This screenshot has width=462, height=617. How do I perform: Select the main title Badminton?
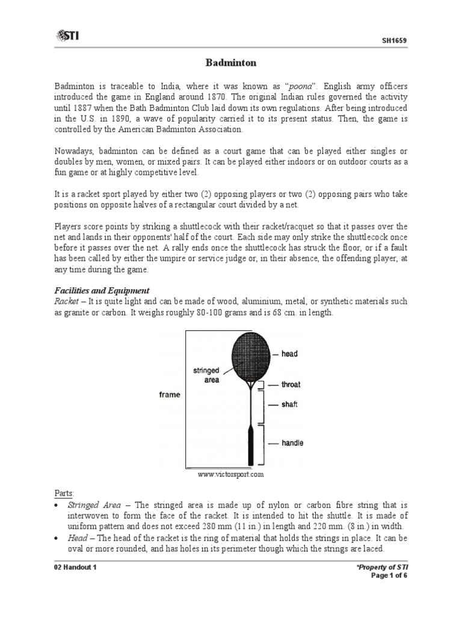pos(231,62)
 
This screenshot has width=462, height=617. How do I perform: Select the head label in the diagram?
pos(289,354)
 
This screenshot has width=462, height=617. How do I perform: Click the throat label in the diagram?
pos(291,384)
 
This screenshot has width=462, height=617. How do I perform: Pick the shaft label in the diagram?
pos(289,404)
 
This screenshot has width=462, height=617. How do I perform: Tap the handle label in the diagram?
pos(292,443)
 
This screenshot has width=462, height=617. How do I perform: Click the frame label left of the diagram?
pos(169,395)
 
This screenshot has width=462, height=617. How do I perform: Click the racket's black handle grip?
pos(248,445)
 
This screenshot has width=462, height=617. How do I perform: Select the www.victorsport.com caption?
pos(231,475)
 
